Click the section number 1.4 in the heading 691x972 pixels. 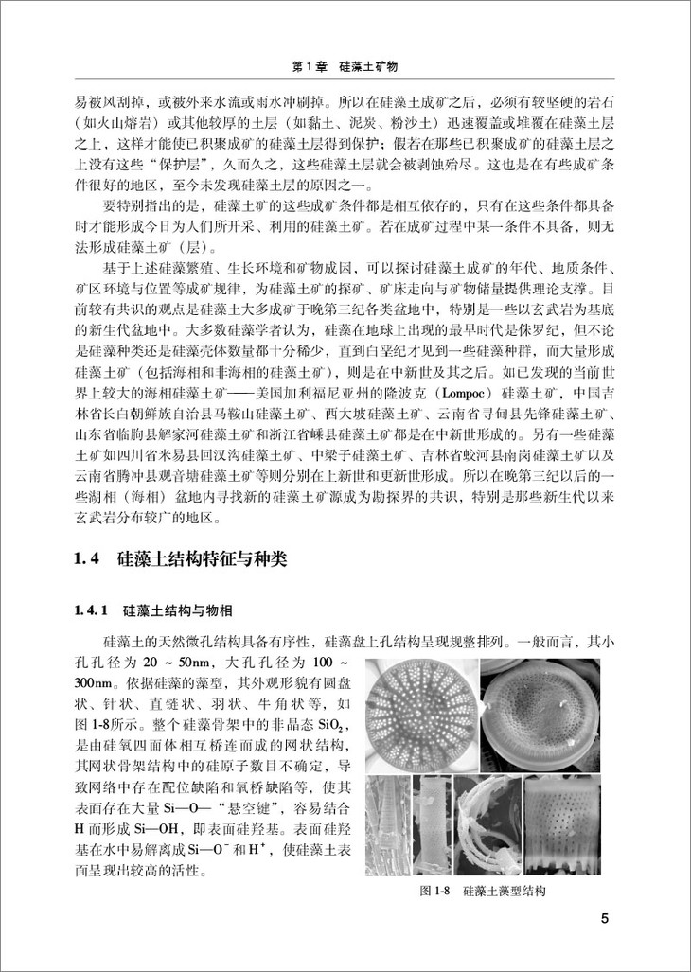click(86, 560)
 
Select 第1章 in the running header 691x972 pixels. click(308, 67)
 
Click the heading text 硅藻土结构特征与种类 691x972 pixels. click(207, 560)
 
